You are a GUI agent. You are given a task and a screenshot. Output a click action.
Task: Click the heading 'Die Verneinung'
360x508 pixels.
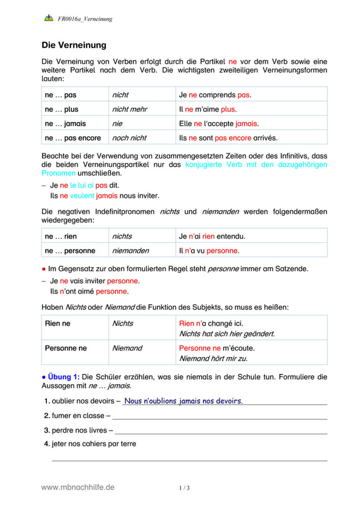click(74, 45)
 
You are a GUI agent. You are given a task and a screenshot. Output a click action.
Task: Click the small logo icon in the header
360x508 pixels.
click(49, 18)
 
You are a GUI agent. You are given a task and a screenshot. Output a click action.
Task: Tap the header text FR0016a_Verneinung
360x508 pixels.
click(85, 19)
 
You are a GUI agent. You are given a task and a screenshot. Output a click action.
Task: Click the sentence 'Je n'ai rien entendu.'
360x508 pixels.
click(212, 236)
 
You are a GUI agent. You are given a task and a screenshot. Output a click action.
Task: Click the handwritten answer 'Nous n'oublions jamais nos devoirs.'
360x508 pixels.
click(183, 401)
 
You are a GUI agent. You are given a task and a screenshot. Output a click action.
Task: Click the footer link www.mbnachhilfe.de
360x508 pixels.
click(78, 487)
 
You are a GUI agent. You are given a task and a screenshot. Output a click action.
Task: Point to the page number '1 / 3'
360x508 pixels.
click(185, 488)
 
